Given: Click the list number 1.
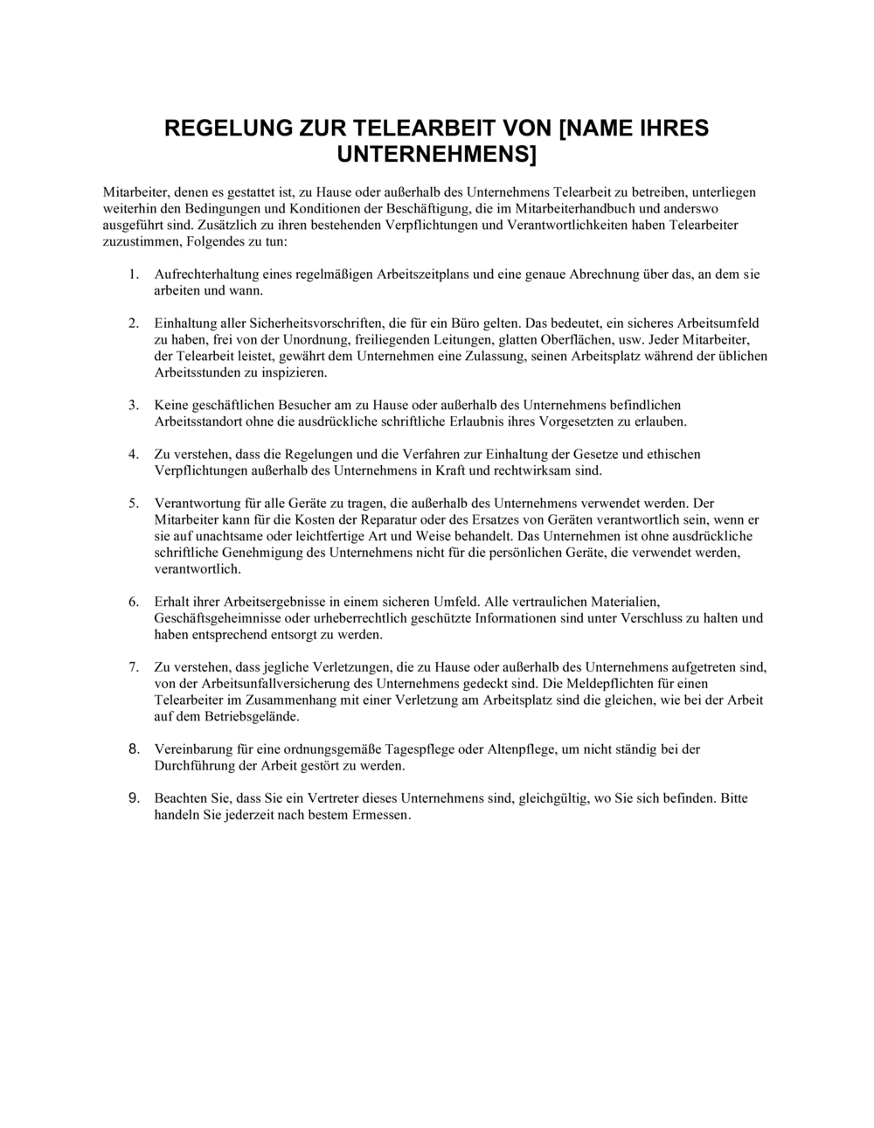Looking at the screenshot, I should point(134,275).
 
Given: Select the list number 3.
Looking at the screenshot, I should point(134,406).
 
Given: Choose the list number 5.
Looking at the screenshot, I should point(134,504).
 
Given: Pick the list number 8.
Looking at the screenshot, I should point(134,749).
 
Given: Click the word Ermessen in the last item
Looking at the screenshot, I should point(379,815).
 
